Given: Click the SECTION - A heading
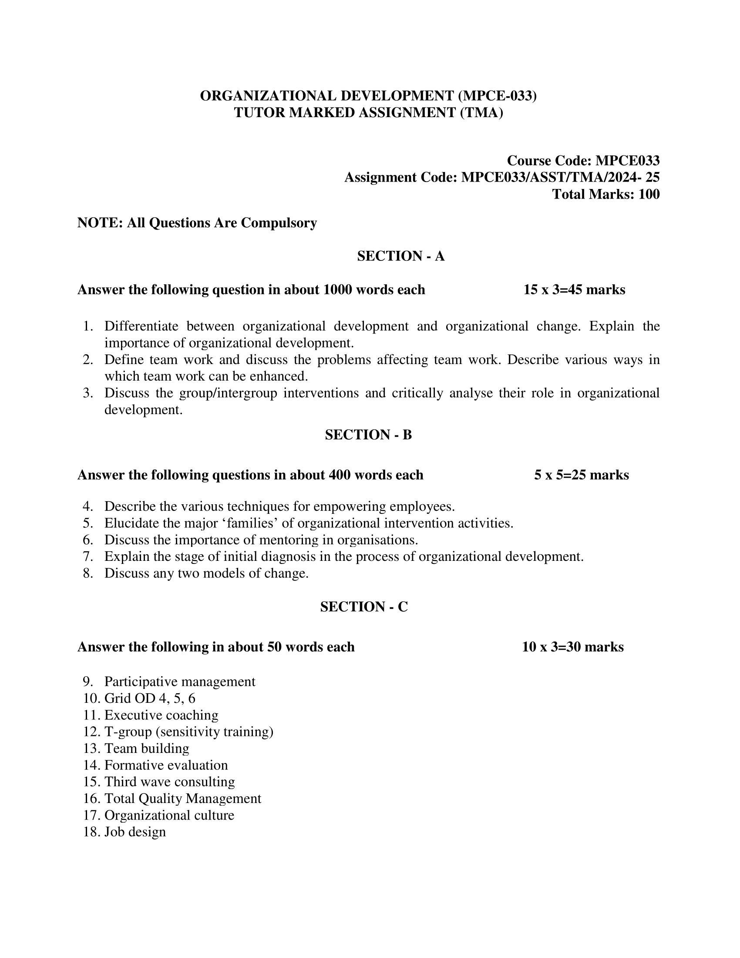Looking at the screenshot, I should point(400,256).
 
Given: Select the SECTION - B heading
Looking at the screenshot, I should point(368,435).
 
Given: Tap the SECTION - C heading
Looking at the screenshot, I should point(364,607).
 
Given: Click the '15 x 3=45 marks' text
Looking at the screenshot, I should point(574,290).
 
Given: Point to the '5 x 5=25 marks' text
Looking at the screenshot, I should point(581,475).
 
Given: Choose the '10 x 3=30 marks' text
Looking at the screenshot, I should point(572,647).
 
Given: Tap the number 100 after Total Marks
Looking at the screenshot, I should point(649,194).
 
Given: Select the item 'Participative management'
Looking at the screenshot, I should point(180,681).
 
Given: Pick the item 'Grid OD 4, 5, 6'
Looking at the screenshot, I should point(150,698).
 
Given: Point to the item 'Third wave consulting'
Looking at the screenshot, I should point(170,782).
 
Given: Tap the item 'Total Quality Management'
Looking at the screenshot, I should point(183,798).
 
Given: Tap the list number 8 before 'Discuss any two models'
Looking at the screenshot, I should point(87,573).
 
